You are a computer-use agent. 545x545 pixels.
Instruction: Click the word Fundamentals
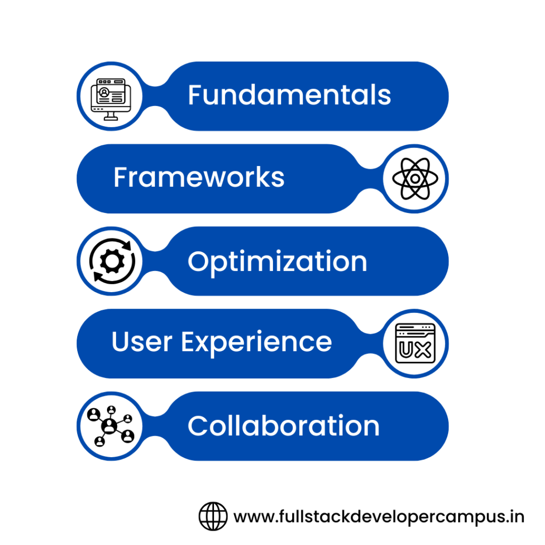pyautogui.click(x=290, y=95)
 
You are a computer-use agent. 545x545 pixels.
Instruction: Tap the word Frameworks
pyautogui.click(x=199, y=178)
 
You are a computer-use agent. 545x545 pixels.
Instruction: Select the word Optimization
pyautogui.click(x=277, y=261)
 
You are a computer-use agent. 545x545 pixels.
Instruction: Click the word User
pyautogui.click(x=142, y=342)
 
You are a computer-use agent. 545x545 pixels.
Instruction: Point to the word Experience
pyautogui.click(x=257, y=343)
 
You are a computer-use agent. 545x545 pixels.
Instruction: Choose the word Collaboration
pyautogui.click(x=284, y=426)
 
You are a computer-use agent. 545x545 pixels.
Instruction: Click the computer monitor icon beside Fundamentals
pyautogui.click(x=110, y=98)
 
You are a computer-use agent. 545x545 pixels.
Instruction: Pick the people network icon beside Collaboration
pyautogui.click(x=110, y=426)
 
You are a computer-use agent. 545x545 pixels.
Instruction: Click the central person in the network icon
pyautogui.click(x=110, y=425)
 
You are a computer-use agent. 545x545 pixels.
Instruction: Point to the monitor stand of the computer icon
pyautogui.click(x=111, y=115)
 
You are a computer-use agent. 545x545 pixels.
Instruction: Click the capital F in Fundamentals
pyautogui.click(x=194, y=95)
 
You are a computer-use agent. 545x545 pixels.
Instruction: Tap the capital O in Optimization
pyautogui.click(x=198, y=261)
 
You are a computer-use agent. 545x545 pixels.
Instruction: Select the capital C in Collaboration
pyautogui.click(x=198, y=426)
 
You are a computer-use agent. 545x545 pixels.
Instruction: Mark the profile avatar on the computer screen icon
pyautogui.click(x=104, y=93)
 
